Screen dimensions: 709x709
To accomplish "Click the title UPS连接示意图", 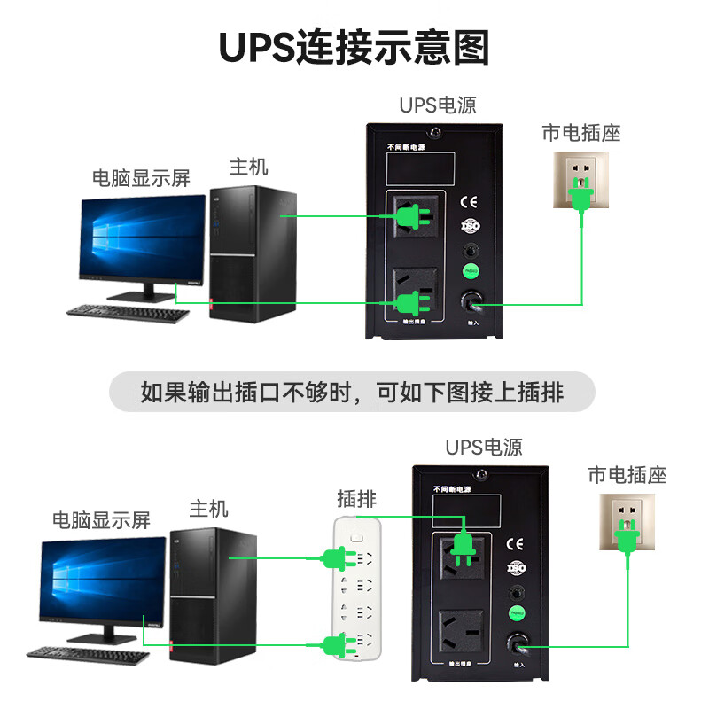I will [x=354, y=48].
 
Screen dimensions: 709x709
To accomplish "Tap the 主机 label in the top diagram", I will [x=248, y=166].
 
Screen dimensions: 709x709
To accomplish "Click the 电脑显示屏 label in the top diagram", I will [x=142, y=177].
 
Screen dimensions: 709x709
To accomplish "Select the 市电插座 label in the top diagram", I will [x=581, y=133].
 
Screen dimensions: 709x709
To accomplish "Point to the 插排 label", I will [x=356, y=498].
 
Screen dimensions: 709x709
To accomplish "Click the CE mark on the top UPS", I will [x=470, y=200].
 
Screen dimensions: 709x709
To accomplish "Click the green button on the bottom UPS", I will [x=515, y=612].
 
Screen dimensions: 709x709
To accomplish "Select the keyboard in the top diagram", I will [x=128, y=313].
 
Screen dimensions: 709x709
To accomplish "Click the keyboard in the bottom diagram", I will [x=87, y=653].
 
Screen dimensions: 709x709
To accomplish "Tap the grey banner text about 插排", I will [x=353, y=392].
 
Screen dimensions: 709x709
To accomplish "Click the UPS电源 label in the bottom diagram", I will [x=483, y=448].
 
